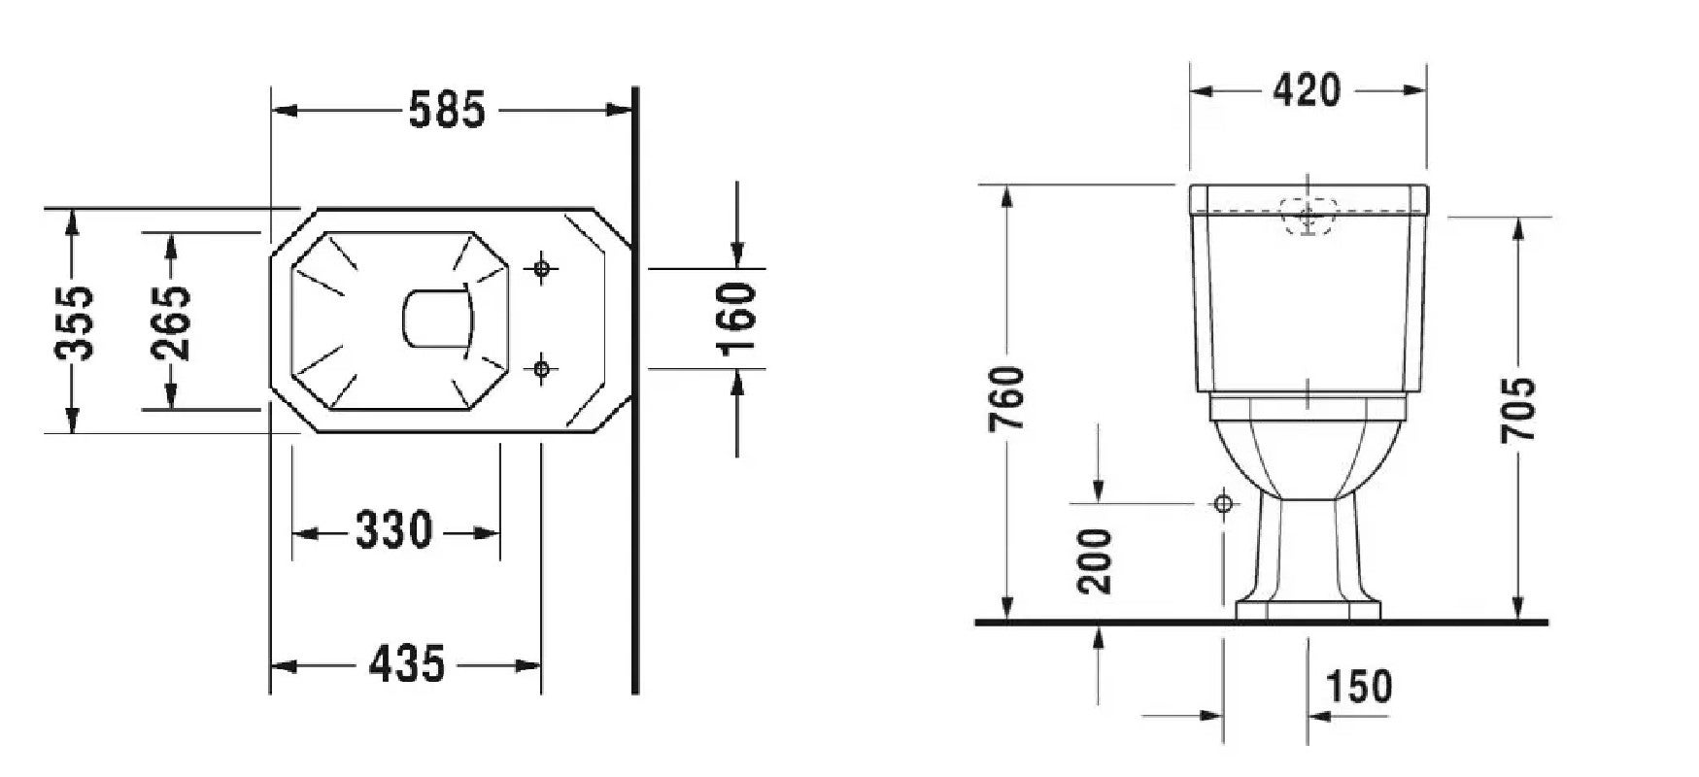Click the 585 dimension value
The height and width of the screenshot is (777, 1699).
(446, 110)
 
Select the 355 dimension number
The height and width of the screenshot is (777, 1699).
(74, 322)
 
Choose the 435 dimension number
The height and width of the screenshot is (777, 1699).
(407, 664)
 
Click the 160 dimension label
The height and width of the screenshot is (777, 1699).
(735, 318)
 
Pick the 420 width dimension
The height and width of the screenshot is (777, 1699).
(1308, 90)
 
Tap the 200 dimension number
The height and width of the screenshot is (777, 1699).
(1097, 561)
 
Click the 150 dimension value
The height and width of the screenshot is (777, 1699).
(1359, 687)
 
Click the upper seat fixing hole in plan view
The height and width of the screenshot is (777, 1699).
(542, 268)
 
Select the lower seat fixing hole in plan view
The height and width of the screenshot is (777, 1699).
(542, 368)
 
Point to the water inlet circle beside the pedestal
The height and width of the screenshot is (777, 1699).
(1223, 503)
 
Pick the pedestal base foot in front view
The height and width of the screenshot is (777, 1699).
(1308, 610)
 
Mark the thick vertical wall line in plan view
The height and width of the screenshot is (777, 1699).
(635, 389)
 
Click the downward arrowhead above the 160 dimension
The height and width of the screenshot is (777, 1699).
(737, 254)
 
